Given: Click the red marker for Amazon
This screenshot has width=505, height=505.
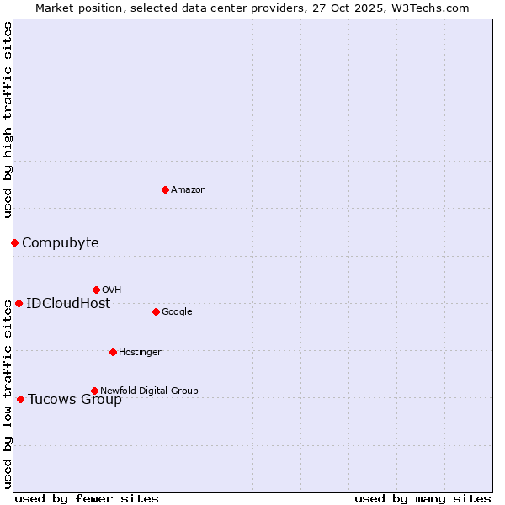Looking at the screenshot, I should tap(165, 189).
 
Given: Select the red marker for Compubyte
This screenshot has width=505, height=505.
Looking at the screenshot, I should tap(14, 242).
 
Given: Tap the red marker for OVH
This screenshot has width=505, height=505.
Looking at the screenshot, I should tap(96, 290).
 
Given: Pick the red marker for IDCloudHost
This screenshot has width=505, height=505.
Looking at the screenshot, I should tap(19, 303).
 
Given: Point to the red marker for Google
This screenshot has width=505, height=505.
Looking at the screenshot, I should tap(156, 311).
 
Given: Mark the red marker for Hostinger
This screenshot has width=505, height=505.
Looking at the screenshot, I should tap(113, 352).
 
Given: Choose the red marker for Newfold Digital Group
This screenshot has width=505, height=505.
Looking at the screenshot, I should tap(94, 391).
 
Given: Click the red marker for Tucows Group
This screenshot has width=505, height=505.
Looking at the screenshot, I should tap(20, 399).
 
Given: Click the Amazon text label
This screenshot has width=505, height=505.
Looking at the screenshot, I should tap(189, 190).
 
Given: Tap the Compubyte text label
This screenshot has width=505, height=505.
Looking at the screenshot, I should tap(60, 243).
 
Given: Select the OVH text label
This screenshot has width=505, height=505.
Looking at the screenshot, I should tap(112, 290).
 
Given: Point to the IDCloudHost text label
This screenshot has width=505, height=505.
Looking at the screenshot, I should tap(68, 304).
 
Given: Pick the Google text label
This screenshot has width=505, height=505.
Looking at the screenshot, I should tap(177, 312).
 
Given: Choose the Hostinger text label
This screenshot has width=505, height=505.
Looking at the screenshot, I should tap(140, 353).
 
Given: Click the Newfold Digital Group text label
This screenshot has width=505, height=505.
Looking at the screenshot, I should tap(149, 391).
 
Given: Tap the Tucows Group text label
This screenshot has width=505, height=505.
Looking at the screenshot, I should tap(75, 400).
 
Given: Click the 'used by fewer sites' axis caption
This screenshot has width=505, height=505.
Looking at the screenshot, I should tap(87, 498).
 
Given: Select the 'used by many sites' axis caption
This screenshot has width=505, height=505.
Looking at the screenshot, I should tap(423, 498).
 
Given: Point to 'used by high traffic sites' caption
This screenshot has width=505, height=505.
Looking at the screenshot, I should tap(8, 120).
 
